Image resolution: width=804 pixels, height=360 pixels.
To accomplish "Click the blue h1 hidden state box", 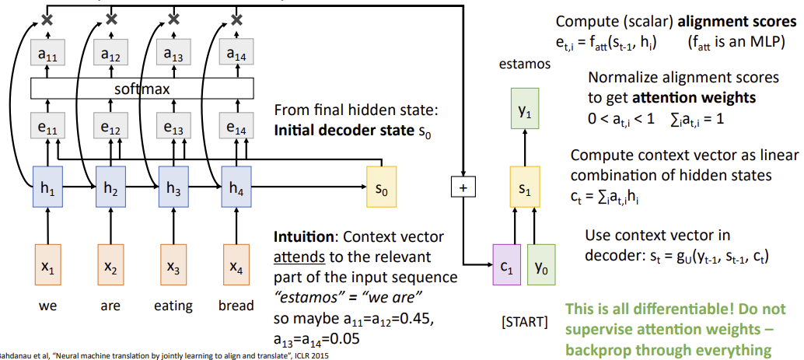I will click(48, 187).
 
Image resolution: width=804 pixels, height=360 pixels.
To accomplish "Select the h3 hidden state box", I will click(173, 187).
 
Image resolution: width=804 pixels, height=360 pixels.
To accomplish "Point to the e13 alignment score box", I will click(173, 127).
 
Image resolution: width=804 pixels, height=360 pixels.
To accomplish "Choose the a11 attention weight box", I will click(48, 54).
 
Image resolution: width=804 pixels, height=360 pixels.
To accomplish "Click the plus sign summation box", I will click(463, 187).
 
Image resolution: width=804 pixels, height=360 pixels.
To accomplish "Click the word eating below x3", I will click(173, 306).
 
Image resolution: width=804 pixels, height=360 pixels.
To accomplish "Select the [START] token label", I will click(524, 320).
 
